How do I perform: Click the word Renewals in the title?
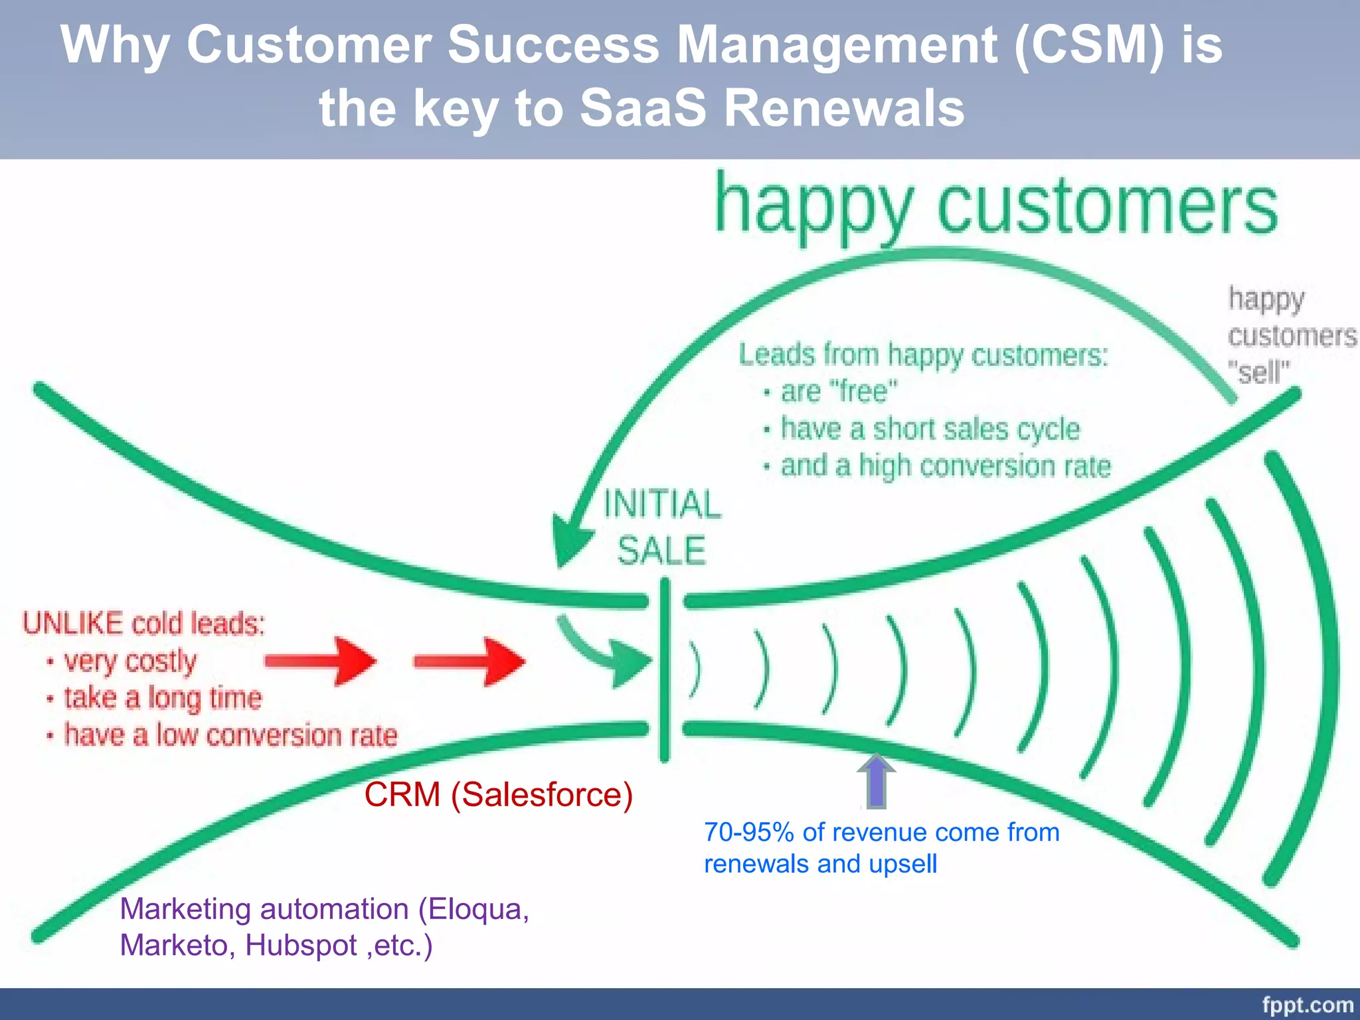843,108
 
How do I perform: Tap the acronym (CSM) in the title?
1089,45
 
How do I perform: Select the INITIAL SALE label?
661,527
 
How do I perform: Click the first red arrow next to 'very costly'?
321,661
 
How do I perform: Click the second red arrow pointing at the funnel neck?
469,661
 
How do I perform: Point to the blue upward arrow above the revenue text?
877,782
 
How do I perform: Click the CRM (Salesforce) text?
498,794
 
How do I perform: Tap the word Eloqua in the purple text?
477,909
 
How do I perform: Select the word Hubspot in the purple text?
301,945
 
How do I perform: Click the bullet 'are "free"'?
838,391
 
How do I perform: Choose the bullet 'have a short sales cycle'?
930,429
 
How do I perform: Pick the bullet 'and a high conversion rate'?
945,466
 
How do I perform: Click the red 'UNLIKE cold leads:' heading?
144,624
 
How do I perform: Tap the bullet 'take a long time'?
163,698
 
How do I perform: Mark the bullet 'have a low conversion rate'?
230,735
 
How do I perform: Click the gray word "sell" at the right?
1258,372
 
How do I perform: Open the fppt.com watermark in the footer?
1307,1005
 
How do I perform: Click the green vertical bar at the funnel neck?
665,669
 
